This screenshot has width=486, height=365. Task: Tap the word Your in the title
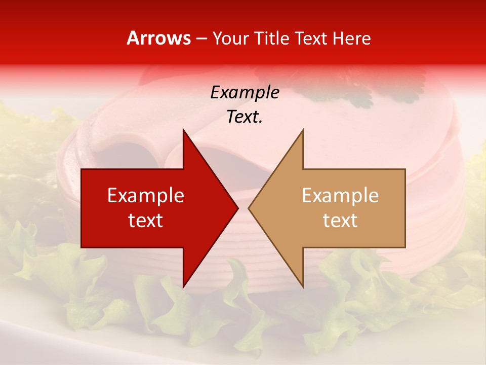(x=231, y=39)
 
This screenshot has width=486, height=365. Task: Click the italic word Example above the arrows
(x=245, y=92)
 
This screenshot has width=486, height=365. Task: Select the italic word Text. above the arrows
(x=245, y=117)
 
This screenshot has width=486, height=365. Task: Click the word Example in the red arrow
(x=146, y=195)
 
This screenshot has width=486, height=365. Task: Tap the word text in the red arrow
(x=146, y=221)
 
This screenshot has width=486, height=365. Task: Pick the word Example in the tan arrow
(x=340, y=195)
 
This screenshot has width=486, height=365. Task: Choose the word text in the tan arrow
(x=340, y=221)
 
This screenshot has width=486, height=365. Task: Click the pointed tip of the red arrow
(x=238, y=208)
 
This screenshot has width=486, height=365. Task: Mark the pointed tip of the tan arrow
(x=248, y=208)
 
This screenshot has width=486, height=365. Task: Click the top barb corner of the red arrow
(x=183, y=129)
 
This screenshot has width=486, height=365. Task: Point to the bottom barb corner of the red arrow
(x=183, y=287)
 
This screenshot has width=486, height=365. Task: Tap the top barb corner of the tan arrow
(x=303, y=129)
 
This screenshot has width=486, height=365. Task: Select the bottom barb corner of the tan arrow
(x=303, y=287)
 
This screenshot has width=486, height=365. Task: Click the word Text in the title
(x=311, y=39)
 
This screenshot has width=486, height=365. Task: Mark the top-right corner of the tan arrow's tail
(x=405, y=169)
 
